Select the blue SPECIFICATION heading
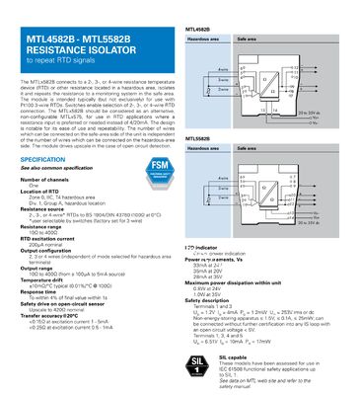coord(50,159)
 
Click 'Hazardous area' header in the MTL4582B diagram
coord(203,40)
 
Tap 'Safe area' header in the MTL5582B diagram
coord(248,149)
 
